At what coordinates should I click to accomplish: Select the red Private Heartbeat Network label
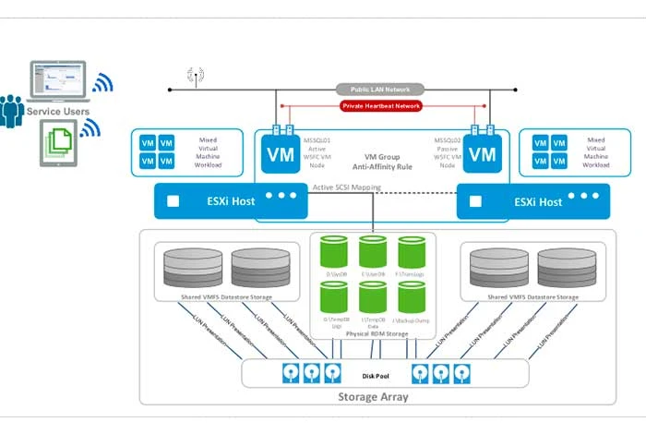click(x=381, y=106)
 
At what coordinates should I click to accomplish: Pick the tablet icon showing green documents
click(x=57, y=144)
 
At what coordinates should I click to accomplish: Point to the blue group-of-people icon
click(x=12, y=111)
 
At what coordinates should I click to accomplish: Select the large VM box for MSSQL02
click(x=482, y=154)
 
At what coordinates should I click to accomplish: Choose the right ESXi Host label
click(x=537, y=201)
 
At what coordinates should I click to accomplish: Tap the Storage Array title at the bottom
click(x=376, y=396)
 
